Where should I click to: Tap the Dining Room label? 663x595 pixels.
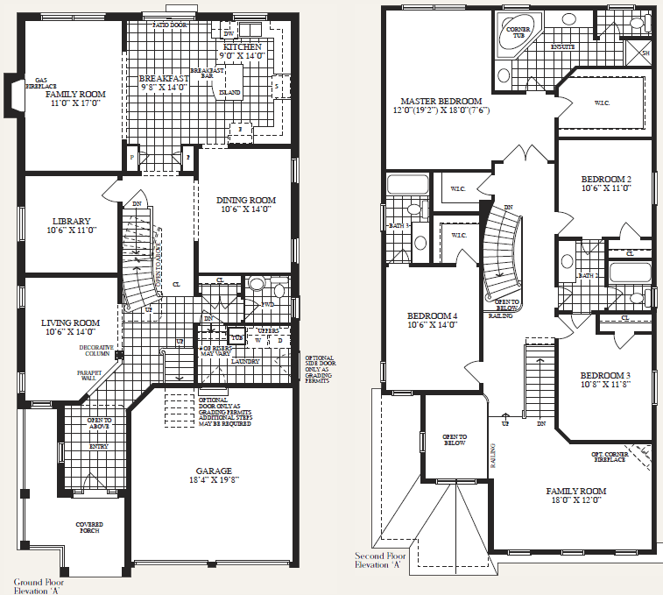click(245, 201)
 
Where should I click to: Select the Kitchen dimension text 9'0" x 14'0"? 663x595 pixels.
click(243, 55)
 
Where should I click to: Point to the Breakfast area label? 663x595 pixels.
click(164, 79)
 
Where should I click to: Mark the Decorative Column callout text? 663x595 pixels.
click(97, 351)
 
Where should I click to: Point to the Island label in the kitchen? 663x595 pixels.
click(229, 92)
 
